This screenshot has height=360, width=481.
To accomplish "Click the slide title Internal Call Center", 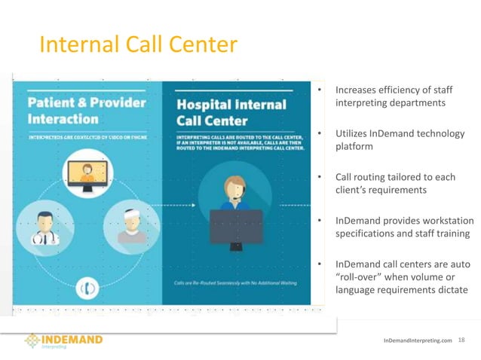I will click(x=138, y=45).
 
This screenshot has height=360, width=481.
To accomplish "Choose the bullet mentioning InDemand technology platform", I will click(x=399, y=141).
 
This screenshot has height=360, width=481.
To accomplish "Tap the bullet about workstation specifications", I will click(x=403, y=227).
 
